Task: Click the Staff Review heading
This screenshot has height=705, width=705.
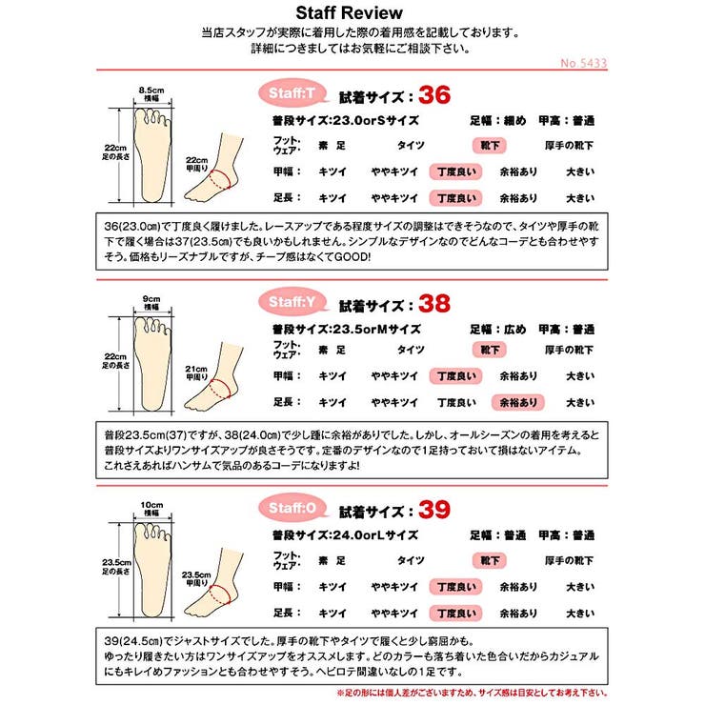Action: click(x=349, y=13)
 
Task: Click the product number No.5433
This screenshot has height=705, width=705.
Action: click(x=585, y=64)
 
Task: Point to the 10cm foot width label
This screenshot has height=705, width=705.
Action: click(x=151, y=504)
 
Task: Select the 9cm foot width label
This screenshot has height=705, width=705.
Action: click(x=151, y=300)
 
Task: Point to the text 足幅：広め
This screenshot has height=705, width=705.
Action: click(x=497, y=329)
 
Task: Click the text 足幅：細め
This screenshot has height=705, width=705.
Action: click(x=497, y=121)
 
